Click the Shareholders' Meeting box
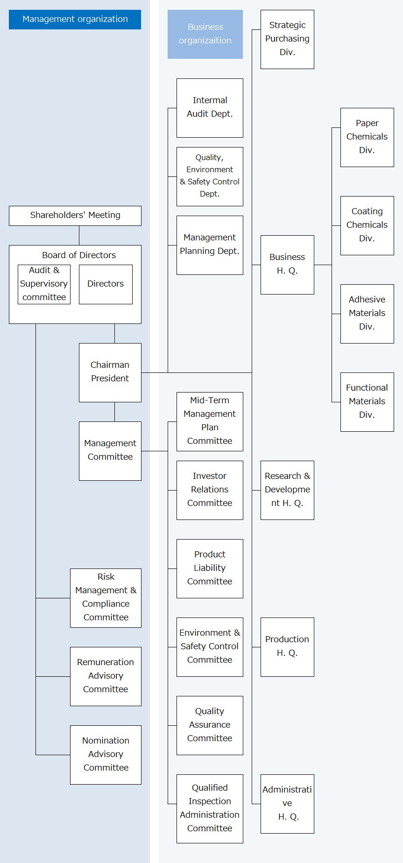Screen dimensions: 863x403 [75, 216]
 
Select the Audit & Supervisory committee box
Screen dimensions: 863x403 [44, 284]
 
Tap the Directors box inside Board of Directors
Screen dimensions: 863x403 [106, 284]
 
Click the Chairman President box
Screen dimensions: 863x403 [110, 372]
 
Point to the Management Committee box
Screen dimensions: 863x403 [110, 451]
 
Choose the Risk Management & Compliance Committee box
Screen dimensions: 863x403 [106, 598]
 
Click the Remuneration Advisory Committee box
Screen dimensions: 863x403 [106, 676]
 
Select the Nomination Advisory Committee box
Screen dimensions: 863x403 [106, 755]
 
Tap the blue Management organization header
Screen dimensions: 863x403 [75, 19]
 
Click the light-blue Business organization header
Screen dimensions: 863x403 [205, 34]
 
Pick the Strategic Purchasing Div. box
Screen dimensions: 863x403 [287, 39]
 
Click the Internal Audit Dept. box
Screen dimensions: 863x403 [210, 108]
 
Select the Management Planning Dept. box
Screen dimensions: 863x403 [210, 245]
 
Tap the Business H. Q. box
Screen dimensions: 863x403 [287, 265]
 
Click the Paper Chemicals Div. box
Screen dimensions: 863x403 [367, 137]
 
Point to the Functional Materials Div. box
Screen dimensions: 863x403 [367, 402]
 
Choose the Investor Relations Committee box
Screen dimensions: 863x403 [210, 490]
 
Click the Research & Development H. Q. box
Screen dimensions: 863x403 [287, 490]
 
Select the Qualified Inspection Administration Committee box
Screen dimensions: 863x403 [210, 808]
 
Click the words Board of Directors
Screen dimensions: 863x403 [79, 255]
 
